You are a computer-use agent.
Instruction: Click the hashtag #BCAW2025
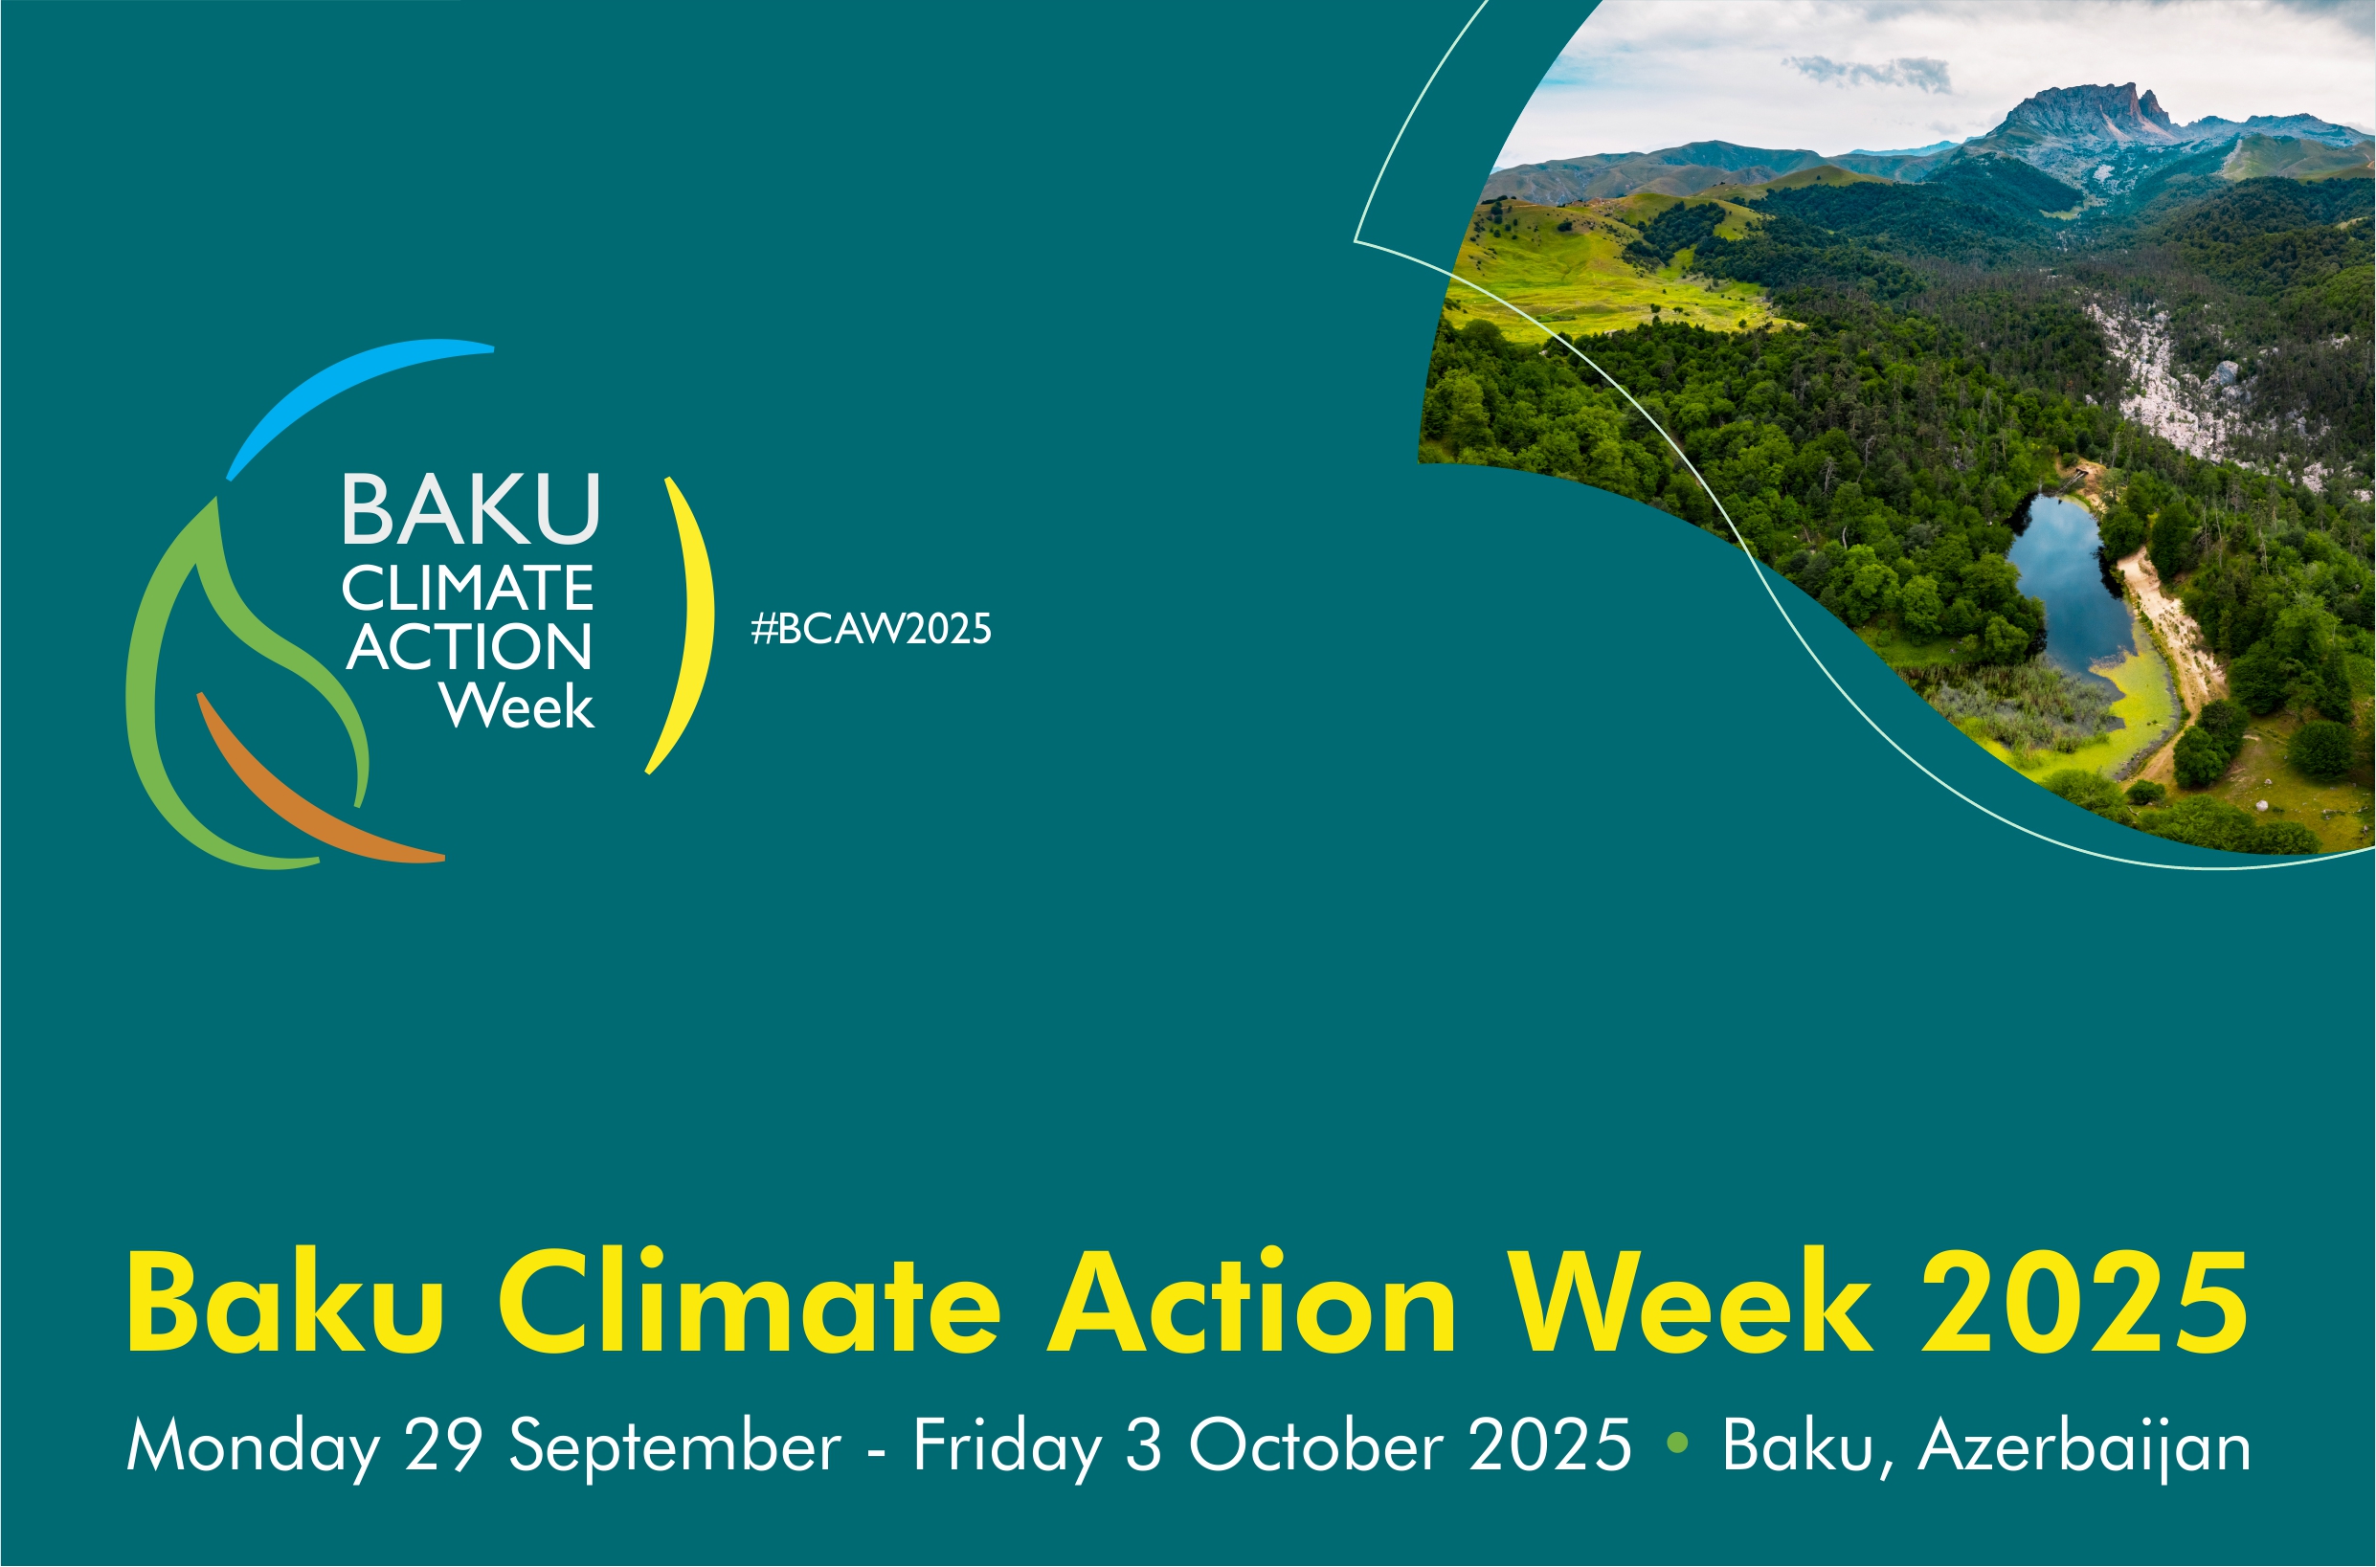coord(871,629)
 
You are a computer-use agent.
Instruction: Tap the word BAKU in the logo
coord(471,509)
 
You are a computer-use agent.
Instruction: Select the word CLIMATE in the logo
coord(467,588)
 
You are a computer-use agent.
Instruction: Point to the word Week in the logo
coord(518,705)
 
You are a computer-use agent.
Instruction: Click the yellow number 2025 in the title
coord(2085,1302)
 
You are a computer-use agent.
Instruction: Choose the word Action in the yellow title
coord(1252,1302)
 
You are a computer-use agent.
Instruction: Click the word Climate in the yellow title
coord(749,1302)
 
